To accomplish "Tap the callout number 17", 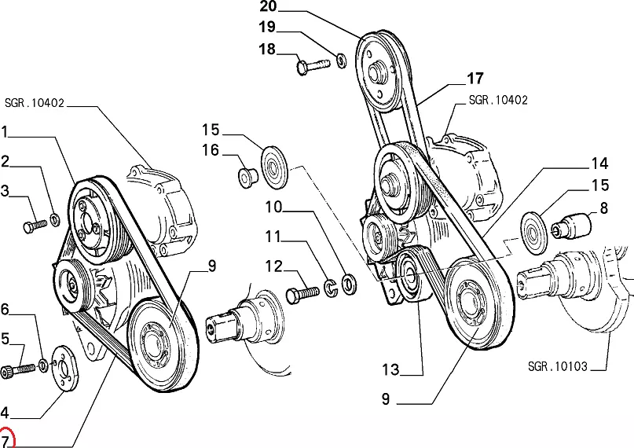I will coord(475,78).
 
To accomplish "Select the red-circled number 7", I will coord(6,439).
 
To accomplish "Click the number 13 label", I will coord(390,370).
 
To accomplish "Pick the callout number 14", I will coord(599,163).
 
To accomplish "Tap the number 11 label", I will coord(272,236).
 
